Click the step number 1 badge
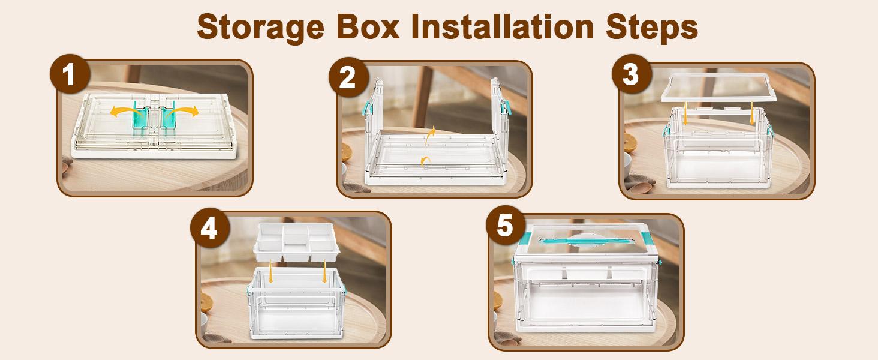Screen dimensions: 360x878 click(x=70, y=76)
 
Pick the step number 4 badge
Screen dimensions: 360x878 click(x=209, y=229)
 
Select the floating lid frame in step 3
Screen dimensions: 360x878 click(x=715, y=86)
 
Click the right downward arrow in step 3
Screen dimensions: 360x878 click(x=752, y=114)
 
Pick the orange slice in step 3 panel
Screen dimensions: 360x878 click(x=629, y=142)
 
